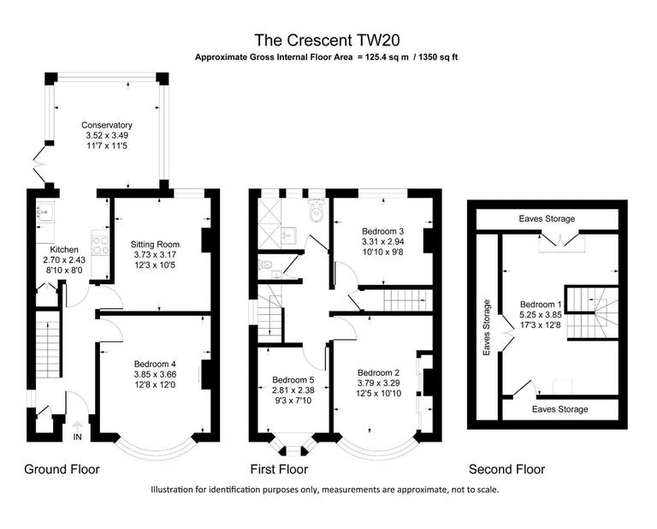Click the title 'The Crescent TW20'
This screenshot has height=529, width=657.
[328, 39]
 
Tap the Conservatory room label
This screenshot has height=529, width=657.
[108, 125]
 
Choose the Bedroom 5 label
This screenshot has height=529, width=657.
[293, 380]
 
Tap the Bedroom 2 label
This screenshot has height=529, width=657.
[379, 372]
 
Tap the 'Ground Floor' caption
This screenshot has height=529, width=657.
[62, 469]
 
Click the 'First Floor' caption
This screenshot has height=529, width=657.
[279, 469]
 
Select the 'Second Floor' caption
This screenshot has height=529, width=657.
[506, 469]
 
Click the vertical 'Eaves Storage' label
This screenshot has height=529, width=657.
[487, 327]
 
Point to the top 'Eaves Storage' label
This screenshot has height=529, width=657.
[547, 219]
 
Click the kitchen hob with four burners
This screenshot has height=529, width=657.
[99, 245]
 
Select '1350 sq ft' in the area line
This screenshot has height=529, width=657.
[438, 57]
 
